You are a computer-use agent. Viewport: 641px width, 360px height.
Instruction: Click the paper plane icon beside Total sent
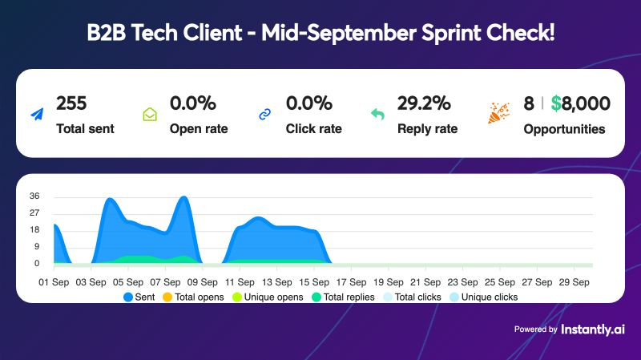(x=37, y=115)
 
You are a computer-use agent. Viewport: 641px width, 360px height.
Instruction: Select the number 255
(x=71, y=103)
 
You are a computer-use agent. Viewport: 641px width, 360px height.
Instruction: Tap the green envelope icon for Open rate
(x=150, y=115)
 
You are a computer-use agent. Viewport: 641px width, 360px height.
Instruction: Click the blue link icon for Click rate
(x=265, y=115)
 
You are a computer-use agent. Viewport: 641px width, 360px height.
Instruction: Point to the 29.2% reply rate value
(x=424, y=103)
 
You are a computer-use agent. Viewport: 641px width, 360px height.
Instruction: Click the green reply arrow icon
(x=378, y=115)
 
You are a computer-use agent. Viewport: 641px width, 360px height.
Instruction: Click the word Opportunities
(x=564, y=128)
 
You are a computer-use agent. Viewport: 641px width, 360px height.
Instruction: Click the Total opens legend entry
(x=193, y=297)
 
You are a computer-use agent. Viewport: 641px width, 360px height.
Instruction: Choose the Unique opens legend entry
(x=268, y=297)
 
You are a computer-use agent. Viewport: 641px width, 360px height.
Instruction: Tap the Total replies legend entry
(x=344, y=297)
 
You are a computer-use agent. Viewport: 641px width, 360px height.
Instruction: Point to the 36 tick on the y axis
(x=34, y=196)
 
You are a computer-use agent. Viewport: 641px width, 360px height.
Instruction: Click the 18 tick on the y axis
(x=34, y=230)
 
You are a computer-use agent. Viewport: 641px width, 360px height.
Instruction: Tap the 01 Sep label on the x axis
(x=54, y=281)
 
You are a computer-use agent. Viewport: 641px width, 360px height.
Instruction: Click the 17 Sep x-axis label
(x=350, y=281)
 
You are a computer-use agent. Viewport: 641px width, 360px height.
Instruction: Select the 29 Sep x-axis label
(x=574, y=281)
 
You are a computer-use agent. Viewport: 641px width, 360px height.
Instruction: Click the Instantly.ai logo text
(x=593, y=329)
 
